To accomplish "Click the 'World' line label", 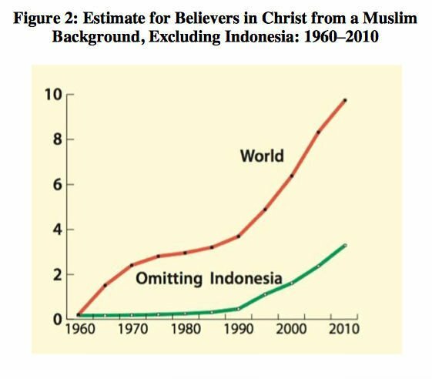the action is pos(262,156).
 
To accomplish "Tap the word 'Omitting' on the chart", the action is pos(169,279).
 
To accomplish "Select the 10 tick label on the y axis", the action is pos(53,95).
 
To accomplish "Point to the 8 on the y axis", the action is pos(57,139).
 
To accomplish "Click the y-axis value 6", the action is pos(57,184).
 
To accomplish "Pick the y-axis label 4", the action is pos(57,230).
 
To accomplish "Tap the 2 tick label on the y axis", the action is pos(57,275).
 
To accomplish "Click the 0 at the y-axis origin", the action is pos(57,320).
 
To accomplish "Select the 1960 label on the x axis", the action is pos(80,329).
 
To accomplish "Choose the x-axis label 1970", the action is pos(132,329).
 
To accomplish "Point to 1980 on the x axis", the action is pos(186,329).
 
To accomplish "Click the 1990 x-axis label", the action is pos(239,329).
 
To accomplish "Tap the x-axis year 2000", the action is pos(291,329).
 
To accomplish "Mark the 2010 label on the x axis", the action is pos(344,329).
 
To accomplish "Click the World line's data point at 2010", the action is pos(345,100).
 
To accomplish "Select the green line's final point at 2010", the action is pos(345,245).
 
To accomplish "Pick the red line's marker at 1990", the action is pos(239,236).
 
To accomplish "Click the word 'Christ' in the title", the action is pos(284,18).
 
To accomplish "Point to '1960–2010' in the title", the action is pos(341,36).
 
